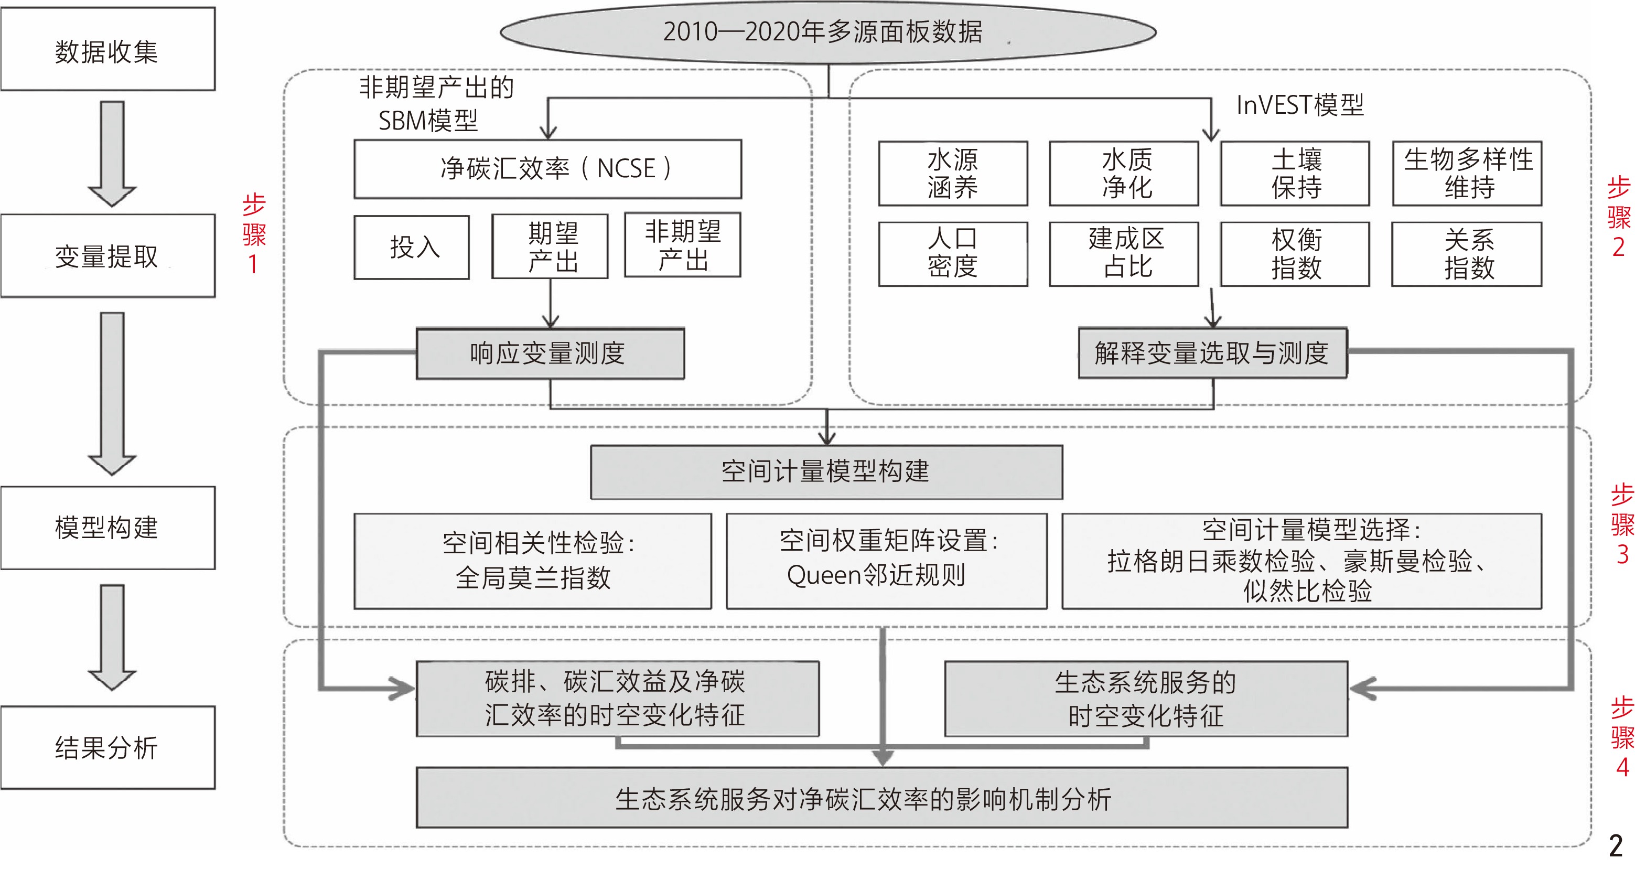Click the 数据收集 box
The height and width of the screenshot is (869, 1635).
(108, 49)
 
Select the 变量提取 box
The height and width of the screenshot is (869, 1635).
(108, 256)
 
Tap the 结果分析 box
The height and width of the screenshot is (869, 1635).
(108, 747)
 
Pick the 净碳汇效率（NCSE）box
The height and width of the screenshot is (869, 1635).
(548, 169)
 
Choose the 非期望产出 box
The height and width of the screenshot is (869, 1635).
(682, 245)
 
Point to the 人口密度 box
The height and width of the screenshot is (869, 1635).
(953, 254)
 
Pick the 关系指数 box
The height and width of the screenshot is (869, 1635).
(1467, 254)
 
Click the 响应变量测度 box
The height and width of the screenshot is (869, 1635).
(550, 353)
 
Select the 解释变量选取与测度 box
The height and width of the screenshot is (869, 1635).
(1212, 353)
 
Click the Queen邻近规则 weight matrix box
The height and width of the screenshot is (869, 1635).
(887, 561)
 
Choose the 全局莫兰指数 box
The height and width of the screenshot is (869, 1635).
(533, 561)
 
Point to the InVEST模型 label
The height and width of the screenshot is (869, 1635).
(1300, 105)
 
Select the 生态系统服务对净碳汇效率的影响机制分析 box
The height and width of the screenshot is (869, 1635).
(881, 798)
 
